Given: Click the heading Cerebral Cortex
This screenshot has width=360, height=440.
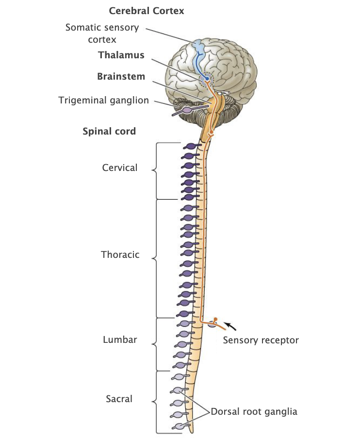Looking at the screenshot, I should coord(147,10).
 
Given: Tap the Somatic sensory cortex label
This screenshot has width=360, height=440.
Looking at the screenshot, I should coord(102,33).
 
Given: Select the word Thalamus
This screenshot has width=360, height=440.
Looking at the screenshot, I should coord(121,55).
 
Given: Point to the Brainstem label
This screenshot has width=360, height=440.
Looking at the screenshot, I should coord(121,77).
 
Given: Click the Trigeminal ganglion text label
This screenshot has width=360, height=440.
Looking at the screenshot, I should coord(104,101).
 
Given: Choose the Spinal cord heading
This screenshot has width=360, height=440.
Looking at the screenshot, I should coord(109,131).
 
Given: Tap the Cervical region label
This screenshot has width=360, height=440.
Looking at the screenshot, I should coord(120,168).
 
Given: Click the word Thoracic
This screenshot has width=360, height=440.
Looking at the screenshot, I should coord(120,254).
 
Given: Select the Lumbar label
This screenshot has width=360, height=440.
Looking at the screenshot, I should coord(120,340).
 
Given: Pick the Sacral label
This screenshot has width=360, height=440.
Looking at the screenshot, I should coord(119,399).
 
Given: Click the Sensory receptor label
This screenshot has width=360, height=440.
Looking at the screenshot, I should coord(261,340).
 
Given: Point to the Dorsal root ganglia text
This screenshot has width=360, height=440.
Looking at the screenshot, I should coord(254,412).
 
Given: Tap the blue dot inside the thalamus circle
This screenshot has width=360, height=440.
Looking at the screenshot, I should coord(207,78).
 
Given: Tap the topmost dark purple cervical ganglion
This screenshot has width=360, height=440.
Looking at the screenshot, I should coord(190,146).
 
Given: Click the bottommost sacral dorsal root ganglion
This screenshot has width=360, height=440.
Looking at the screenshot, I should coord(180,426).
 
